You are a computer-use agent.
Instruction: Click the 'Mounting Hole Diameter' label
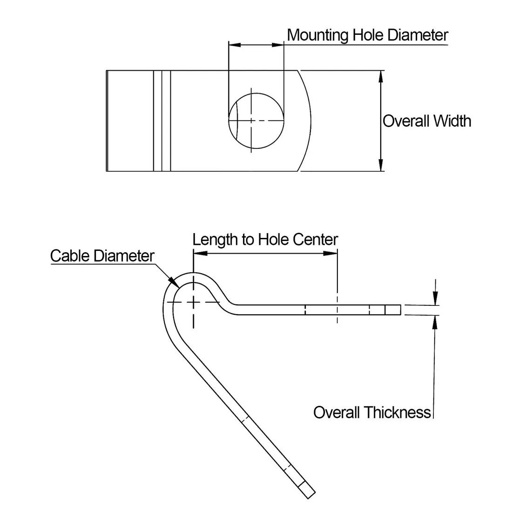(367, 35)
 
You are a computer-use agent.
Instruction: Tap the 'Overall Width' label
(426, 121)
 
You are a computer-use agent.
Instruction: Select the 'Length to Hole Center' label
(265, 240)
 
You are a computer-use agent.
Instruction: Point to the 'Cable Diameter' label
(102, 256)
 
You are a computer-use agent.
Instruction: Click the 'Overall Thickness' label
(372, 412)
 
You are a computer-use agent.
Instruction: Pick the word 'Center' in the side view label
(316, 240)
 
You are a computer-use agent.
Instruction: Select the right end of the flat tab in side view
(400, 310)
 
